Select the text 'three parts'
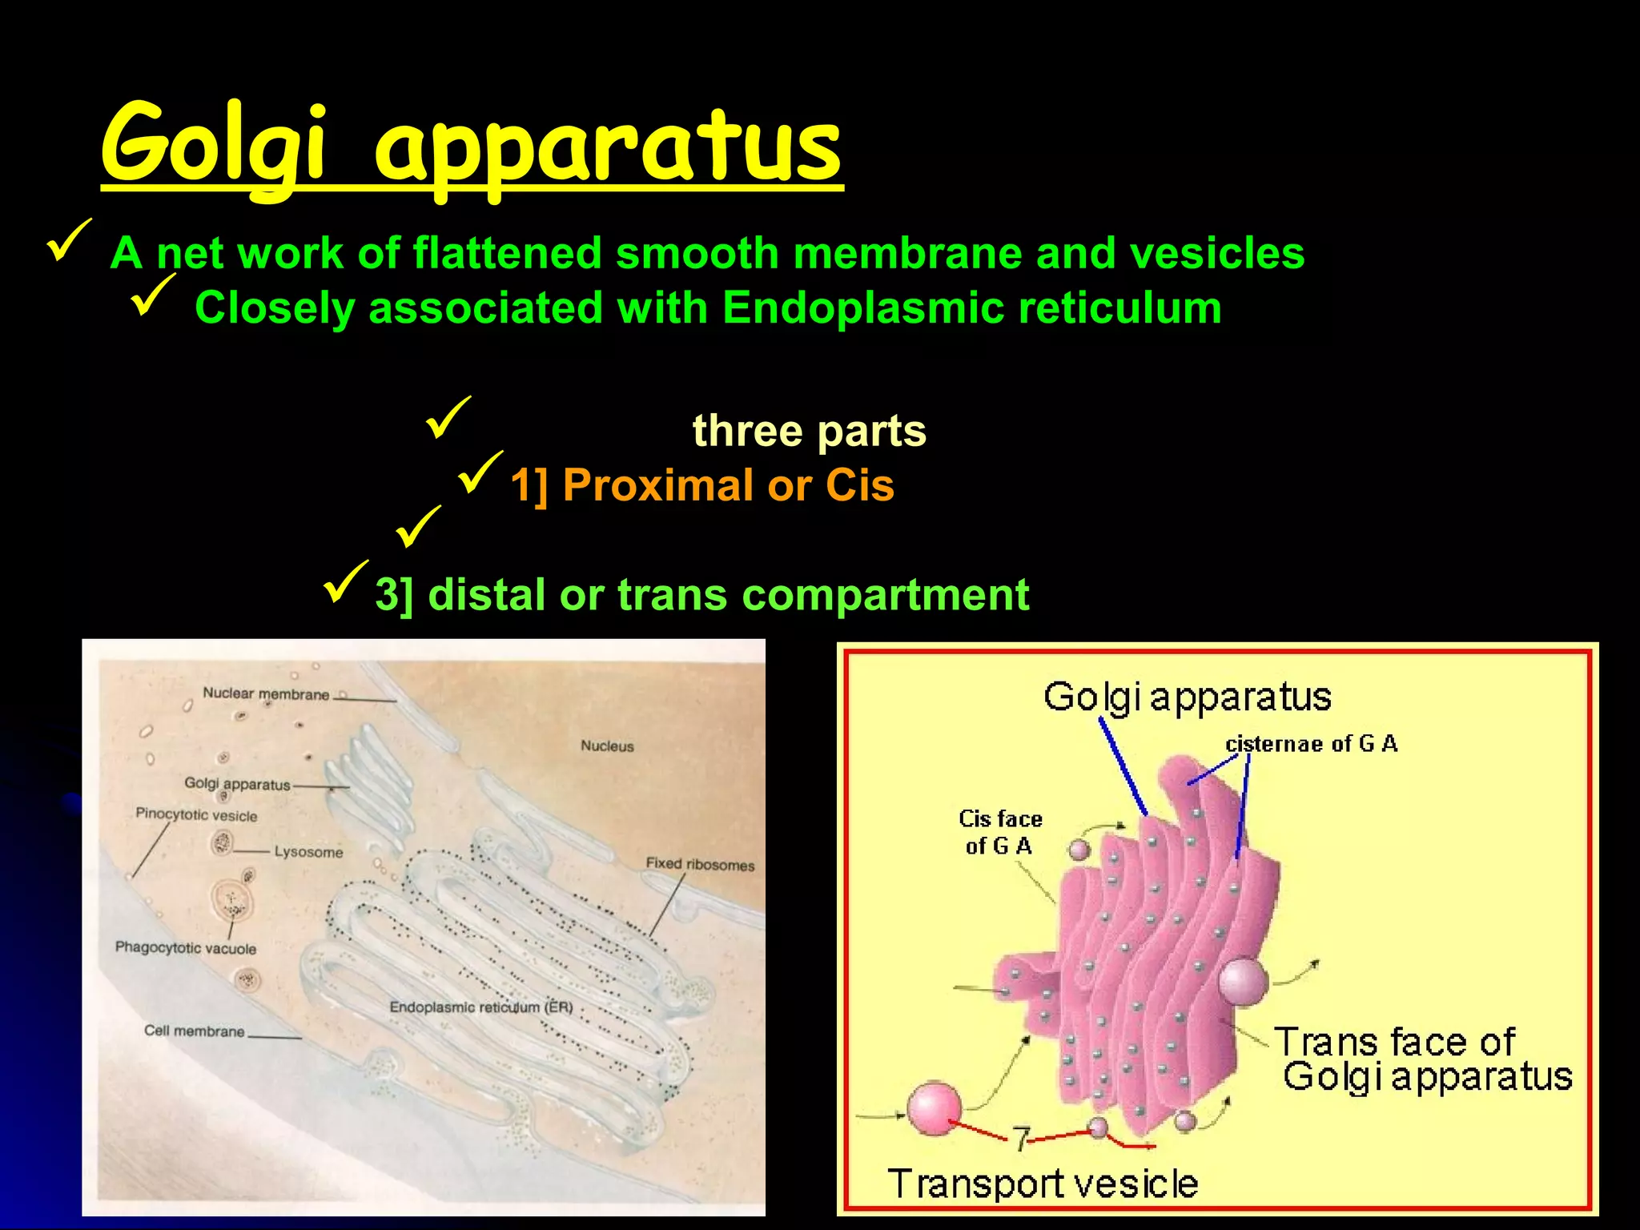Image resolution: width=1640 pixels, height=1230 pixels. [x=809, y=431]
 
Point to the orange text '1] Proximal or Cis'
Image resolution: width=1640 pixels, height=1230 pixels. [x=702, y=485]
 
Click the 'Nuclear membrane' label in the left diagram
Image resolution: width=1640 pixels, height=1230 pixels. [x=265, y=693]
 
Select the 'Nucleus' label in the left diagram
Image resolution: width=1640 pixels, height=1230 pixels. [x=607, y=746]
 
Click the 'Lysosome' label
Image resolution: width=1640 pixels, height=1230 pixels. [x=308, y=852]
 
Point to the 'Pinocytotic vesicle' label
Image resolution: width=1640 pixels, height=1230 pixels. [x=196, y=815]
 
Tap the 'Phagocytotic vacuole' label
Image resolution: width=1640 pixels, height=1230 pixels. [x=186, y=948]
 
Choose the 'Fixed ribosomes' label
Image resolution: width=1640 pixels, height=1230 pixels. [x=700, y=864]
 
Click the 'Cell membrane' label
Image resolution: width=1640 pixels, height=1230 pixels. [x=194, y=1031]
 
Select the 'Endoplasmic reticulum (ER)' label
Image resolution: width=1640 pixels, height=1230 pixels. [x=481, y=1007]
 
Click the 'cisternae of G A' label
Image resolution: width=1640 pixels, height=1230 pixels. [x=1311, y=744]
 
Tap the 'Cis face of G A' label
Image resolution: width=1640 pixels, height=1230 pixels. [x=1000, y=832]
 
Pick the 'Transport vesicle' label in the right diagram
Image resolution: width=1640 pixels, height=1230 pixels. [x=1043, y=1183]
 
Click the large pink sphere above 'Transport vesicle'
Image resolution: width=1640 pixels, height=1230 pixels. [x=934, y=1109]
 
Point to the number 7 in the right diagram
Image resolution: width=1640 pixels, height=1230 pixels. [x=1020, y=1138]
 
